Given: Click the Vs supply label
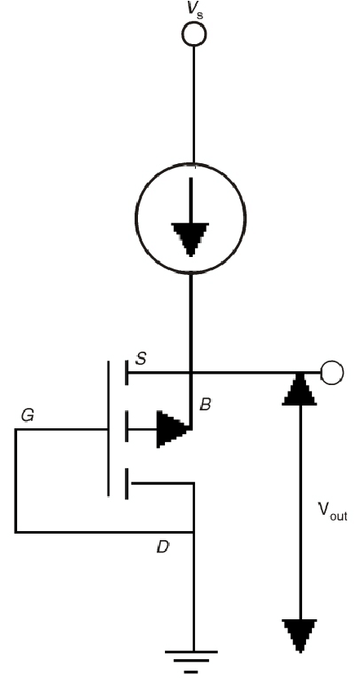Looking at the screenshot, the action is tap(194, 10).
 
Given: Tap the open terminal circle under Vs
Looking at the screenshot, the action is tap(193, 33).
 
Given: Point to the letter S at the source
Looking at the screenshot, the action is tap(140, 357).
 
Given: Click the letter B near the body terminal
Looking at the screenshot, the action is tap(206, 405).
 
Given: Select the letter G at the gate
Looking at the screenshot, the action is tap(28, 416).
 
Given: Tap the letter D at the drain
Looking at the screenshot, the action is tap(162, 547).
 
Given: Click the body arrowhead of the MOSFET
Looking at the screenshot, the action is tap(174, 429).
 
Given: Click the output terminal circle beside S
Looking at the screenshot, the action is tap(332, 372).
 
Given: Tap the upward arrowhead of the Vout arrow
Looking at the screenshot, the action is tap(300, 388).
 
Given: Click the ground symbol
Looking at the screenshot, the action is tap(191, 662).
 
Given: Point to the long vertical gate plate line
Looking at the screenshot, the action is tap(108, 428).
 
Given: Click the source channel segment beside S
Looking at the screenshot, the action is tap(127, 372).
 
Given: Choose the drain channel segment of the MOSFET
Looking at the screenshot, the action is tap(127, 484).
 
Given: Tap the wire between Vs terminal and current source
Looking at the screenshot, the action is tap(193, 104).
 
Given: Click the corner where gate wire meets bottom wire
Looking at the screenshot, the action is tap(16, 531).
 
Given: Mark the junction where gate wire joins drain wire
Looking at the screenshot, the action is tap(193, 531).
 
